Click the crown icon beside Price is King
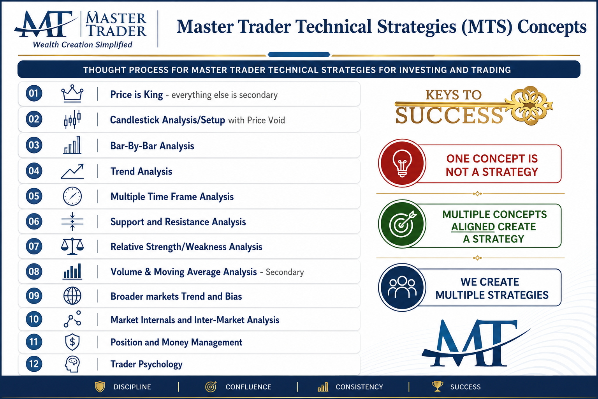(72, 94)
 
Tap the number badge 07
(34, 246)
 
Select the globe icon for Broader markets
(72, 296)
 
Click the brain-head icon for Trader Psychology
(72, 364)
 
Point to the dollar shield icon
(72, 342)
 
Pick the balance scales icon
(72, 246)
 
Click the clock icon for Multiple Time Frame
(72, 196)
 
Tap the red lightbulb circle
(402, 163)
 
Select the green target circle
(402, 224)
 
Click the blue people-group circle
(402, 287)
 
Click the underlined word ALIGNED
(473, 227)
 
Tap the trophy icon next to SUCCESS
(437, 387)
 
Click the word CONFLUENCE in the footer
(248, 387)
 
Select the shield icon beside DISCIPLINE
(100, 387)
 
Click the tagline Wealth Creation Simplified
(83, 45)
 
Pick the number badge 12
(34, 364)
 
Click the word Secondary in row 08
(285, 272)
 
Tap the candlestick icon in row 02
(72, 119)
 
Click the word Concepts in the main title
(552, 27)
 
